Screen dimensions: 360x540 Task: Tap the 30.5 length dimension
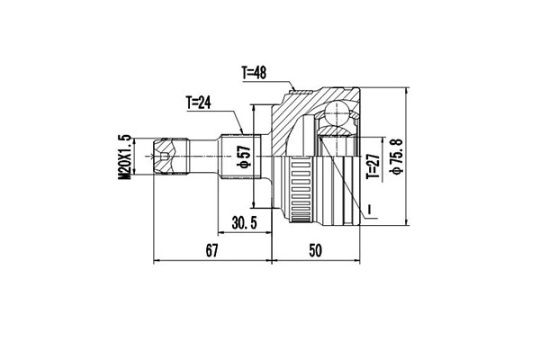(244, 223)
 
